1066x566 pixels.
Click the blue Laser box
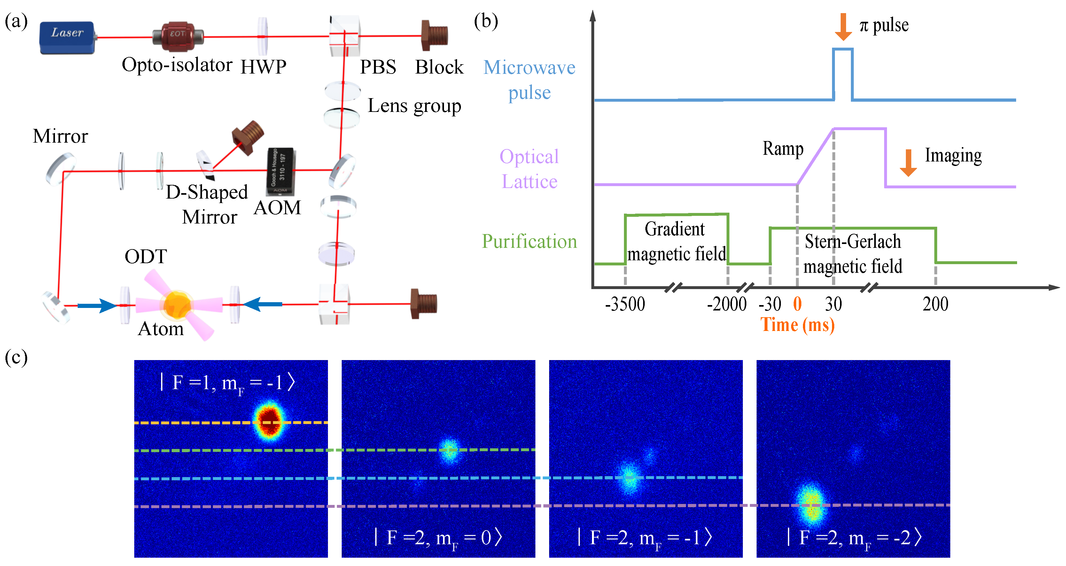pos(67,37)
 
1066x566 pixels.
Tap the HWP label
pos(263,67)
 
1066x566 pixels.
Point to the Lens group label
pos(414,106)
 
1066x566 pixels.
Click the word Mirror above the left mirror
pos(60,136)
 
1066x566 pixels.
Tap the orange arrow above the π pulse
pos(843,27)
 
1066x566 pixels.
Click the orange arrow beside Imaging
pos(908,163)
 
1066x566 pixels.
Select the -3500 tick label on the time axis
pos(625,304)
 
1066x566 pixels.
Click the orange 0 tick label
pos(797,304)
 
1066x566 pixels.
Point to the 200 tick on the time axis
pos(935,304)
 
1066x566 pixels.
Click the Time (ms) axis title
pos(797,325)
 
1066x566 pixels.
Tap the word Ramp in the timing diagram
pos(783,148)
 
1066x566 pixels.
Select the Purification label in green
pos(529,241)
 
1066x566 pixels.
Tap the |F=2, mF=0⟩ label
pos(438,538)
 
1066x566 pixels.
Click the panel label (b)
pos(486,21)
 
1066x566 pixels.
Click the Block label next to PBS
pos(439,67)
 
